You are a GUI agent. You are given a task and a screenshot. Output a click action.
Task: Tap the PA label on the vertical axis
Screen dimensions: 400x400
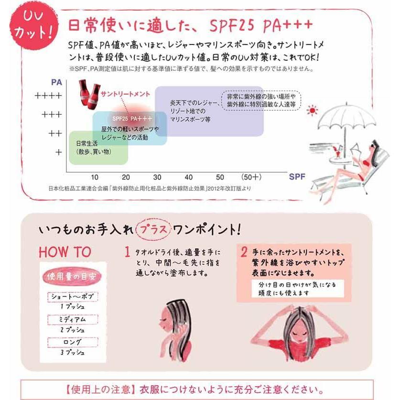[x=56, y=82]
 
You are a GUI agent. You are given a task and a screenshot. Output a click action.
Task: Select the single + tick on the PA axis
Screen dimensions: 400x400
[x=58, y=152]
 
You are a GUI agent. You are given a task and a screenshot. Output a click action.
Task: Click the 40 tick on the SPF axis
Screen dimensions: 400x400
[x=189, y=177]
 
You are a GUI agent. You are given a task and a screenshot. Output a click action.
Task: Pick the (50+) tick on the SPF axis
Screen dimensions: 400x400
[x=251, y=177]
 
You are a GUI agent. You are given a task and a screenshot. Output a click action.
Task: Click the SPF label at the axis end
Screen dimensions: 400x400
[x=297, y=176]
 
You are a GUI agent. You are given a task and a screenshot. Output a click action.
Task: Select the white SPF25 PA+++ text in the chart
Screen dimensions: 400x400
[x=132, y=118]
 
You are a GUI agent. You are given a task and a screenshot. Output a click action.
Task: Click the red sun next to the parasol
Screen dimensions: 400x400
[x=312, y=111]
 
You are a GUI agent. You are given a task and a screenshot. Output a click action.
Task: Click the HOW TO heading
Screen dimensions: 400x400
[x=65, y=251]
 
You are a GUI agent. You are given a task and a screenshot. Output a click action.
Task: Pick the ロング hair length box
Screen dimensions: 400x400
[x=72, y=342]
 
